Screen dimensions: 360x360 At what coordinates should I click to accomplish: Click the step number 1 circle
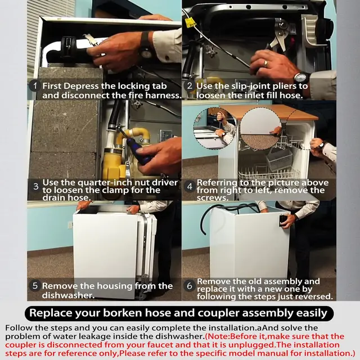point(35,86)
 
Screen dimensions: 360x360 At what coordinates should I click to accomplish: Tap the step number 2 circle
point(190,85)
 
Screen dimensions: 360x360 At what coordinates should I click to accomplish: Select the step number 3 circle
point(35,186)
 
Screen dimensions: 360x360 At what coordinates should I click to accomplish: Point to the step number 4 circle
point(190,186)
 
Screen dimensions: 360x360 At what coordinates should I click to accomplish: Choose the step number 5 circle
point(35,286)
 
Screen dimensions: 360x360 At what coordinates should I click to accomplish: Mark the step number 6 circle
point(190,286)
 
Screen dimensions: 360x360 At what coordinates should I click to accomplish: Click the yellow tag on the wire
point(190,22)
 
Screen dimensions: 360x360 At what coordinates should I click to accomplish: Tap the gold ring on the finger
point(265,64)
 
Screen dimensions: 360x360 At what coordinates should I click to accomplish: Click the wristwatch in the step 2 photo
point(301,78)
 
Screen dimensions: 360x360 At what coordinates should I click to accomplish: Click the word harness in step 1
point(163,95)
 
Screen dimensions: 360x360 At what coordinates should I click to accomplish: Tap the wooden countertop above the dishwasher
point(269,112)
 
